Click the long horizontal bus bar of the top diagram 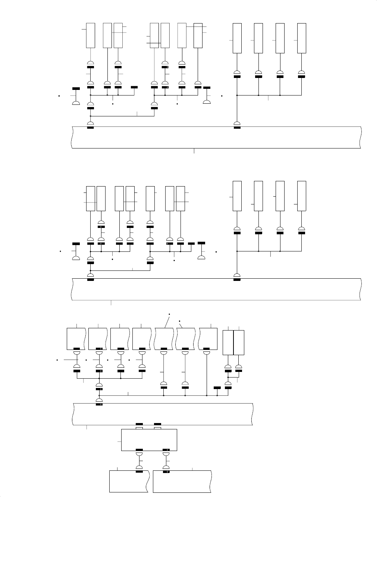(x=216, y=138)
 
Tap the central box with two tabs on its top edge (x=149, y=440)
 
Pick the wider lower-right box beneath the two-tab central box (x=182, y=482)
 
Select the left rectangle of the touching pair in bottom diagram (x=228, y=342)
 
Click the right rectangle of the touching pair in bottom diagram (x=239, y=342)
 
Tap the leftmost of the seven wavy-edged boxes (x=77, y=339)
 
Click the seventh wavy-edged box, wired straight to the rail (x=208, y=339)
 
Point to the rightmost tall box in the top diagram (x=301, y=38)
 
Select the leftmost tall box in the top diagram (x=91, y=35)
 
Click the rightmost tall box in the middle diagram (x=301, y=196)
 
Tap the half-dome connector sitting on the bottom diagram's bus (x=99, y=401)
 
